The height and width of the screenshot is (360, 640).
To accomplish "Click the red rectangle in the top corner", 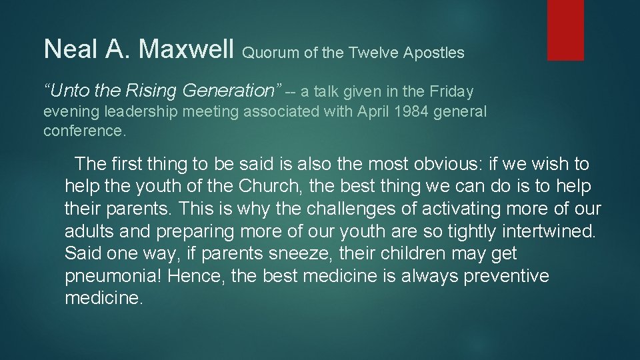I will [565, 30].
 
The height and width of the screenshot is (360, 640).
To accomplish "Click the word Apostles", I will [434, 53].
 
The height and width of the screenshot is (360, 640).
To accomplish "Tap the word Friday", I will [451, 91].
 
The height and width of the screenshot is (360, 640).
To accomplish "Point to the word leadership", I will [147, 112].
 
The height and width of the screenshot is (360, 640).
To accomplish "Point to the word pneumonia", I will [111, 277].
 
